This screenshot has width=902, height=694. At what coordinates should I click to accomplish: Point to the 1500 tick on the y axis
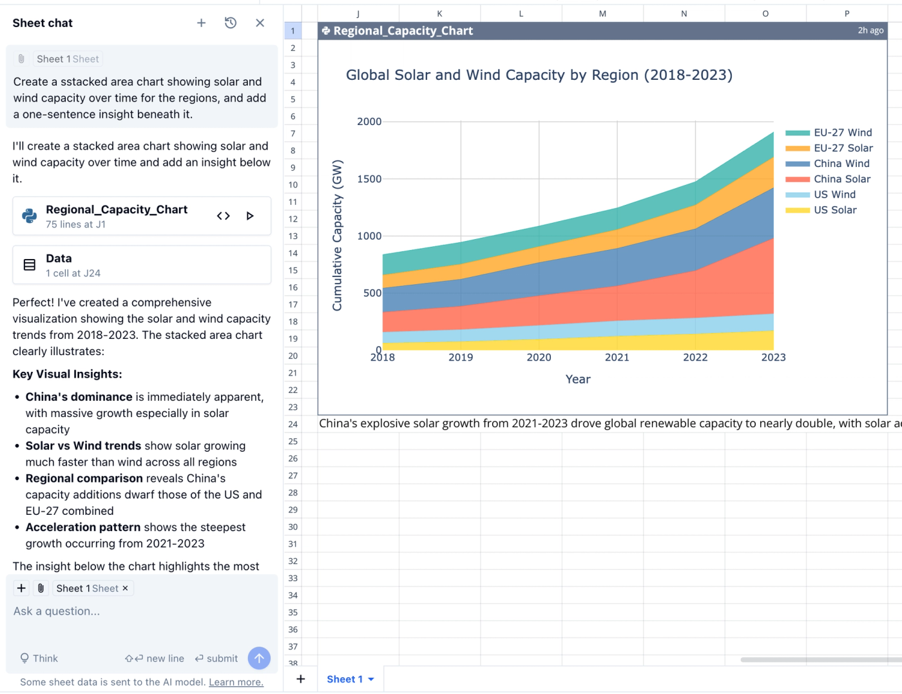click(369, 179)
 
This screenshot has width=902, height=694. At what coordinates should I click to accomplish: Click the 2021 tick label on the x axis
click(617, 358)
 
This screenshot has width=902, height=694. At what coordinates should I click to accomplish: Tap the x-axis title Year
click(577, 380)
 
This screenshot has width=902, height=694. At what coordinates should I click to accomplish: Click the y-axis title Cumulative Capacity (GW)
click(338, 235)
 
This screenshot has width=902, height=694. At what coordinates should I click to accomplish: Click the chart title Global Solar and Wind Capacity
click(539, 75)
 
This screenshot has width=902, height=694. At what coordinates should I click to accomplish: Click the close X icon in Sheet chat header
click(260, 23)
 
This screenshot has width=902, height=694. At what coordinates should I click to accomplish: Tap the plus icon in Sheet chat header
click(201, 23)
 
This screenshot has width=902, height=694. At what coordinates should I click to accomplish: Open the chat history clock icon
click(231, 23)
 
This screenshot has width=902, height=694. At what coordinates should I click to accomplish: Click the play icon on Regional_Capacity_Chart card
click(250, 216)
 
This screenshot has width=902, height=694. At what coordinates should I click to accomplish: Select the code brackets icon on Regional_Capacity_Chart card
click(223, 216)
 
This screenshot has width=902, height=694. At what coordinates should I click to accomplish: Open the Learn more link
click(236, 682)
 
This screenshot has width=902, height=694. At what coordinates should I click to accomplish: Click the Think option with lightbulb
click(39, 659)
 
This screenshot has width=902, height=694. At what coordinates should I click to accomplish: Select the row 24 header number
click(293, 424)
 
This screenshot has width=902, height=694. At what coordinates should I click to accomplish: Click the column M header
click(602, 14)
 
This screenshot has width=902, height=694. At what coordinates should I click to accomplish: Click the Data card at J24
click(142, 265)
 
